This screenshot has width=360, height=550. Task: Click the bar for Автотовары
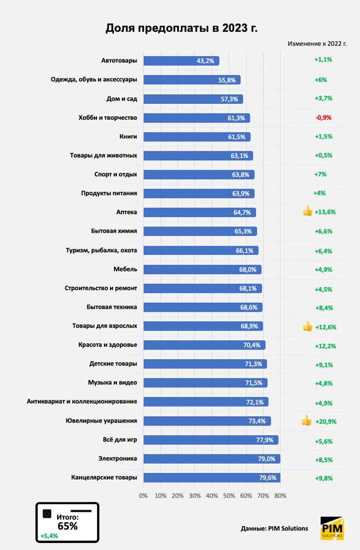[181, 61]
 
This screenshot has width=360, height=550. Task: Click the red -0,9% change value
[323, 118]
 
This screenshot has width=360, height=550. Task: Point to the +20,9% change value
[325, 422]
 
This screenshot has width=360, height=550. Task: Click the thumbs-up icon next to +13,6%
[307, 212]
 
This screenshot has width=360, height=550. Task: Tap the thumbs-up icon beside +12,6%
[307, 327]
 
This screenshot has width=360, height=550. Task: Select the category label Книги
[127, 136]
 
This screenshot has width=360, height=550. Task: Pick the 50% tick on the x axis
[228, 496]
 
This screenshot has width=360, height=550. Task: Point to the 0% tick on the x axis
[143, 496]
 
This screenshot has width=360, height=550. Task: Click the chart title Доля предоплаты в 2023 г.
[181, 28]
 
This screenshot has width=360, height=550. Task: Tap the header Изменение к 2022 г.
[317, 43]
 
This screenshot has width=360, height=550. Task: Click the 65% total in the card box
[67, 526]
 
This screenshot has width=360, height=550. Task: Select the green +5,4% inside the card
[49, 536]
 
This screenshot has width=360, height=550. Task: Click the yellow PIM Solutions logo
[331, 528]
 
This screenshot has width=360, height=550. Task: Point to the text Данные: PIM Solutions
[274, 529]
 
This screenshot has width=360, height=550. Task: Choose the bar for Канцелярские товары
[211, 478]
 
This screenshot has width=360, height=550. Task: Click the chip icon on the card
[47, 514]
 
